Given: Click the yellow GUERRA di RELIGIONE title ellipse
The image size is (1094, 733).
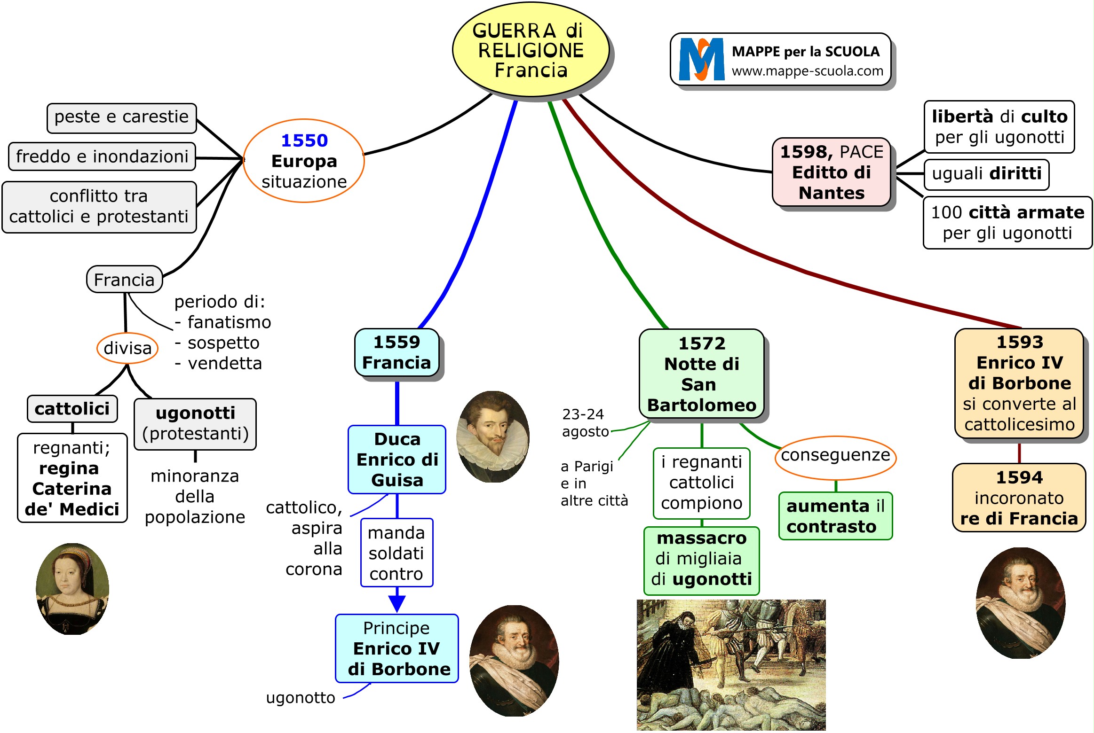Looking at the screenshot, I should (x=530, y=50).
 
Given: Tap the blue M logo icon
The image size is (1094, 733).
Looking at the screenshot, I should (x=701, y=60).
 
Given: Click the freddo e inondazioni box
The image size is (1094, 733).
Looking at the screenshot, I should (x=102, y=156).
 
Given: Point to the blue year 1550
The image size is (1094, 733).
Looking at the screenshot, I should (x=304, y=140).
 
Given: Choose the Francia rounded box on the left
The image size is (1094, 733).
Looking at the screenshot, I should (x=124, y=280).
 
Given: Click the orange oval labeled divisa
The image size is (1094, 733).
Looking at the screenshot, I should (x=127, y=348).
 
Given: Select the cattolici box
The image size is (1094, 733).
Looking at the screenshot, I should (x=72, y=409).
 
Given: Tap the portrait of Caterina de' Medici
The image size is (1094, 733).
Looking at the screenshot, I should (x=72, y=589).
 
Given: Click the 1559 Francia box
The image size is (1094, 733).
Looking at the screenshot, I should (x=396, y=352).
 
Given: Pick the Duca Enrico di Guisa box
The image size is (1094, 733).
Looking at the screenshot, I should (x=397, y=460).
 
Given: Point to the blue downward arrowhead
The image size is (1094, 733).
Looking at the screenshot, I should (x=397, y=603).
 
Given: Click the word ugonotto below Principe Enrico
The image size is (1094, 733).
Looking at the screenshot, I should (x=301, y=698).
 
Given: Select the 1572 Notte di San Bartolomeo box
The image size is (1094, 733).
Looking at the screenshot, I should (x=701, y=374).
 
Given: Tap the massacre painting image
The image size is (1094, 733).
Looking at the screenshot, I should (x=731, y=664).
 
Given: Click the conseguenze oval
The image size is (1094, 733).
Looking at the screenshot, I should (x=835, y=456).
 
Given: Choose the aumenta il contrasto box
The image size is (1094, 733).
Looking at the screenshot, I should (x=835, y=516).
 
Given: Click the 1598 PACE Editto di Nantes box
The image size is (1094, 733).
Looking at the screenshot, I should (x=832, y=172).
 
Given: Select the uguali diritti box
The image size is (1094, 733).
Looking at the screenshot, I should (x=986, y=174).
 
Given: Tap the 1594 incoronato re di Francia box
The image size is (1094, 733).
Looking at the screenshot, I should (x=1019, y=498).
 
